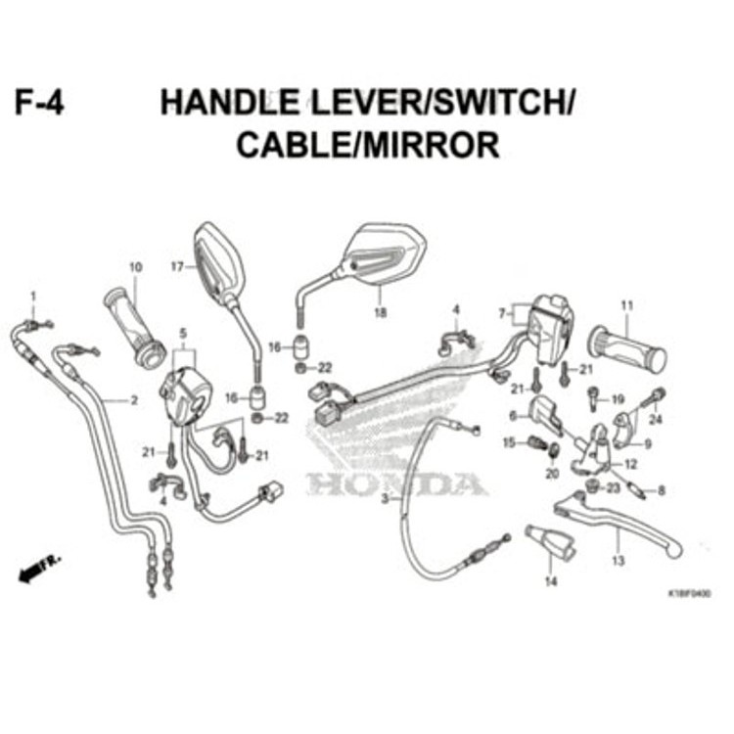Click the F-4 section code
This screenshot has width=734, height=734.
(39, 102)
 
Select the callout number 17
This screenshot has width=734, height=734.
(176, 266)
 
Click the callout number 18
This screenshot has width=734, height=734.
(380, 313)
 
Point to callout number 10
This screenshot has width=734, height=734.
(135, 266)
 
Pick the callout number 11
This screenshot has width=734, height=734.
(626, 305)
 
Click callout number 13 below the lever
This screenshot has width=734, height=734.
(618, 561)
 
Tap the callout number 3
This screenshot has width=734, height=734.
(385, 498)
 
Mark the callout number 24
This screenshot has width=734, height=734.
(656, 420)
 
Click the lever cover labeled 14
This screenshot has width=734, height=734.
(551, 543)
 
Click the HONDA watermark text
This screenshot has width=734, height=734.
(396, 483)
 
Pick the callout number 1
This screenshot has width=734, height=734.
(32, 296)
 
